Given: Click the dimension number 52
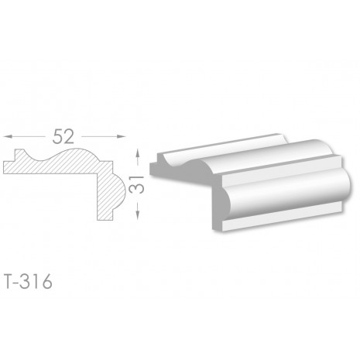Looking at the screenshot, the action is click(63, 136).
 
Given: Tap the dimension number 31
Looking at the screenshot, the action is click(136, 184).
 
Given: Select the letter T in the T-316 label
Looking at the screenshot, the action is click(9, 282).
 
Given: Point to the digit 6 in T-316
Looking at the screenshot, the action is click(47, 282).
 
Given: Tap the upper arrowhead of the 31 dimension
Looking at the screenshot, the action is click(138, 153).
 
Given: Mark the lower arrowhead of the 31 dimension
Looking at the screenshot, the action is click(138, 215).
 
